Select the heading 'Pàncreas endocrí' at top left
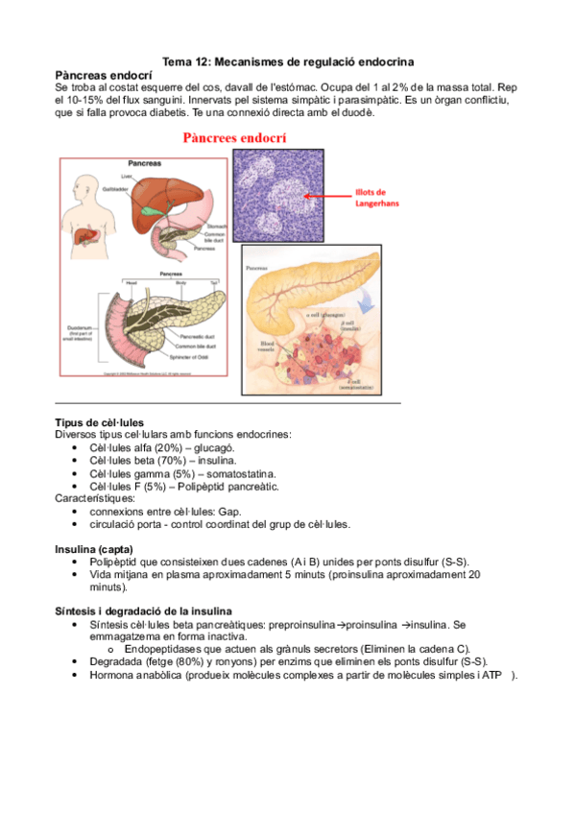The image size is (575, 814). (104, 74)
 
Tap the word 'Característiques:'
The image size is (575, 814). (95, 499)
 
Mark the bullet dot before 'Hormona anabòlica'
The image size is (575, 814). (76, 676)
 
